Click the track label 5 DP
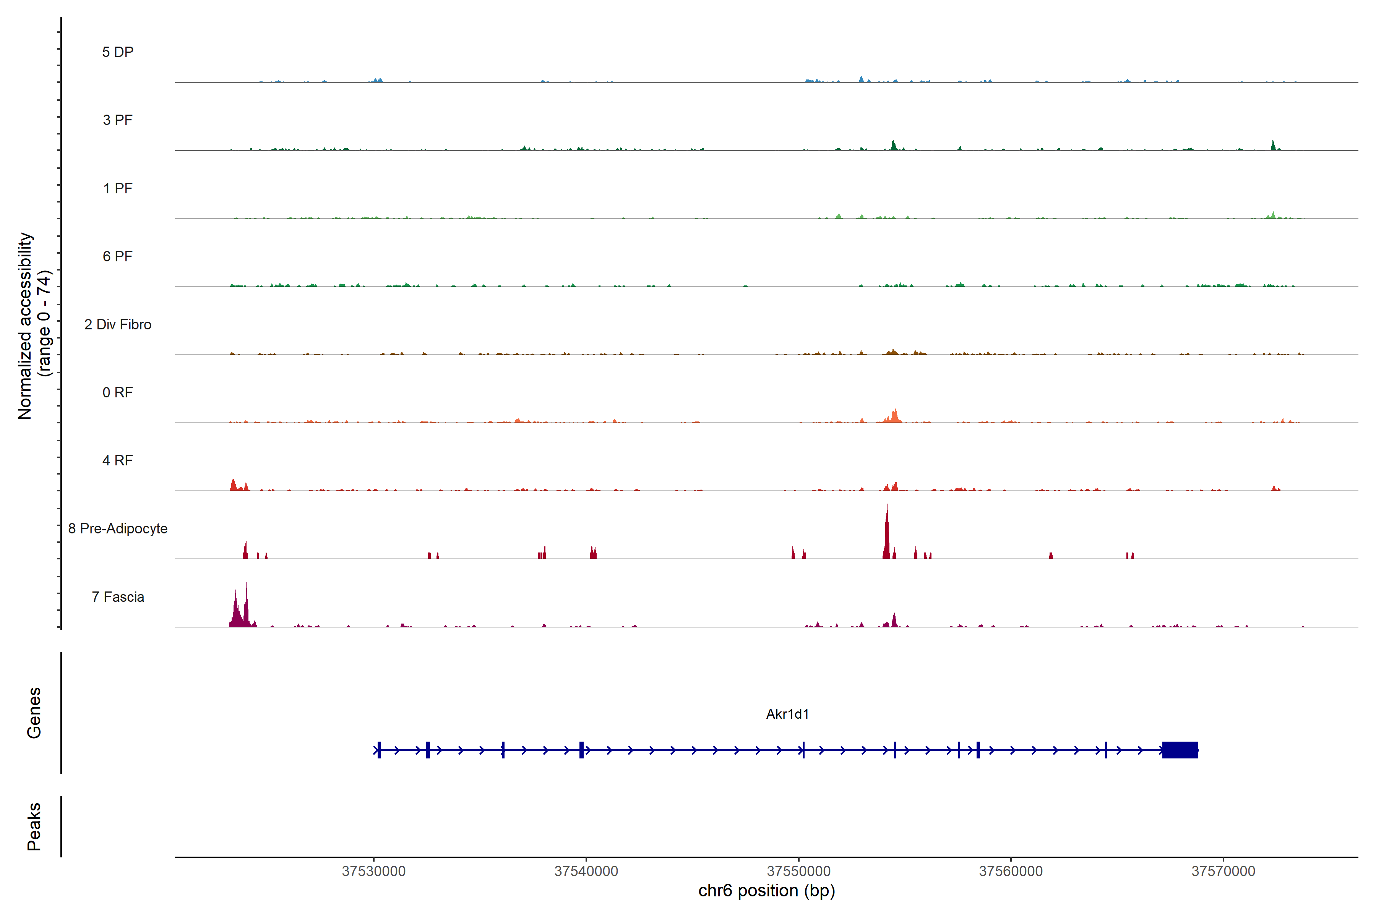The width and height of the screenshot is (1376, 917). (118, 52)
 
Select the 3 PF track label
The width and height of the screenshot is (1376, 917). (118, 120)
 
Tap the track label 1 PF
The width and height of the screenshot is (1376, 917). (118, 188)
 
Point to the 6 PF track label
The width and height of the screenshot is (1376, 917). (118, 256)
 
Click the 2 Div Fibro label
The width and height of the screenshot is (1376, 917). (118, 324)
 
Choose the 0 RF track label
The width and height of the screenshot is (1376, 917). (118, 392)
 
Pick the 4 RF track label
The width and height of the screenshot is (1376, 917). (118, 460)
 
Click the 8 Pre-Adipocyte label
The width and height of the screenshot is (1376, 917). (118, 529)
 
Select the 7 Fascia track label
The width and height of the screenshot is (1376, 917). (118, 596)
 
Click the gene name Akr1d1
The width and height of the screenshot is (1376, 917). (787, 714)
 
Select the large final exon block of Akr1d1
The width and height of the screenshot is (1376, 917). (1180, 750)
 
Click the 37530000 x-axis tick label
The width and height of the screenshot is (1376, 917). (373, 872)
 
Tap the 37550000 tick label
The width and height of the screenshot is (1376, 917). (798, 872)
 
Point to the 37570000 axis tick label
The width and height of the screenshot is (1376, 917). (1223, 872)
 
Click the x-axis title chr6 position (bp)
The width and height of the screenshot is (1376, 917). (766, 891)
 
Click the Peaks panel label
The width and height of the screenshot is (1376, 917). (34, 826)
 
